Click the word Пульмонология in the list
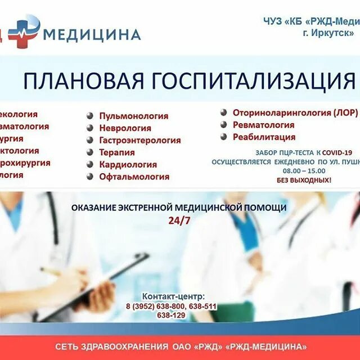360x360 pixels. click(134, 116)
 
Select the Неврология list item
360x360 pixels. click(125, 128)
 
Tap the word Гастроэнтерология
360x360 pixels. click(140, 141)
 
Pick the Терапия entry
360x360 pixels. click(117, 152)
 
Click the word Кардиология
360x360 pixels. click(128, 165)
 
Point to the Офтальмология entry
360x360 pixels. click(134, 177)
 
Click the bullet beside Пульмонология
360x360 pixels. click(90, 116)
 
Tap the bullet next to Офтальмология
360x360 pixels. click(90, 177)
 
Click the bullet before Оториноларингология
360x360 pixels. click(223, 112)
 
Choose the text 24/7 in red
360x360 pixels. click(179, 220)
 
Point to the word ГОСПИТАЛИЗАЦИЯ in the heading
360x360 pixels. click(253, 81)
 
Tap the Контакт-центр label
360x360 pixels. click(173, 296)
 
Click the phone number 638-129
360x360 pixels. click(171, 316)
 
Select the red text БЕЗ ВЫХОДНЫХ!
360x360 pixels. click(304, 181)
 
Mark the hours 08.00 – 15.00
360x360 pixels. click(304, 171)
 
